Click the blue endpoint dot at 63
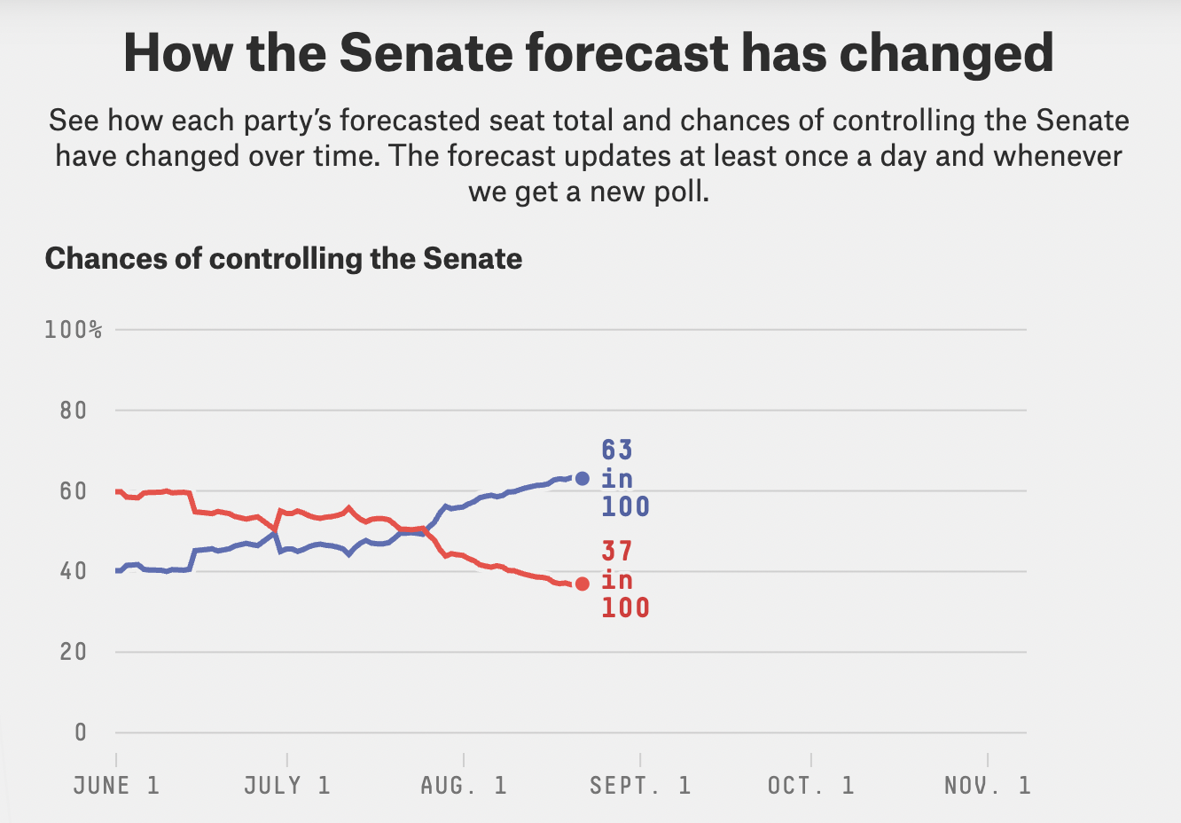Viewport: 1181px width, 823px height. click(x=583, y=479)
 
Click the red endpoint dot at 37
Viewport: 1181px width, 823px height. click(x=583, y=584)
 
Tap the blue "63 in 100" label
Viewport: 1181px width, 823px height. click(x=625, y=479)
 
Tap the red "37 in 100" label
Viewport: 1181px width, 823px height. click(x=625, y=580)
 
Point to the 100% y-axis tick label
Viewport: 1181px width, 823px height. click(x=74, y=330)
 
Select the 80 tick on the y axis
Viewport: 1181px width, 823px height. click(x=74, y=411)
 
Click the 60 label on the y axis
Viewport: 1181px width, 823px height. click(x=74, y=491)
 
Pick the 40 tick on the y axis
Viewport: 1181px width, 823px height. click(x=74, y=571)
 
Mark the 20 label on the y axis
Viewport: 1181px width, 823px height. click(x=74, y=652)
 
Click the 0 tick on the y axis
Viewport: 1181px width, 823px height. click(x=81, y=733)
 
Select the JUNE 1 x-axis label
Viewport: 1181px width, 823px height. click(x=116, y=786)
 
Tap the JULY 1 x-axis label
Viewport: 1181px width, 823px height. click(x=287, y=786)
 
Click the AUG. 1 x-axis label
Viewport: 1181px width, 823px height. click(x=464, y=786)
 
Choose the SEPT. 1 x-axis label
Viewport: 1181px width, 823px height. click(x=640, y=786)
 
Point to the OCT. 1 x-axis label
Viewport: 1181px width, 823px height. click(x=811, y=786)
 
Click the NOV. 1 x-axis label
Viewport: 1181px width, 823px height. click(x=988, y=786)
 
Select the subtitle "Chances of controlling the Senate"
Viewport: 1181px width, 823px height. click(x=284, y=259)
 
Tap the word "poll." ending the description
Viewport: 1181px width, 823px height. click(x=682, y=192)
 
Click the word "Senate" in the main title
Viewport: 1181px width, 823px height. click(x=426, y=53)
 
